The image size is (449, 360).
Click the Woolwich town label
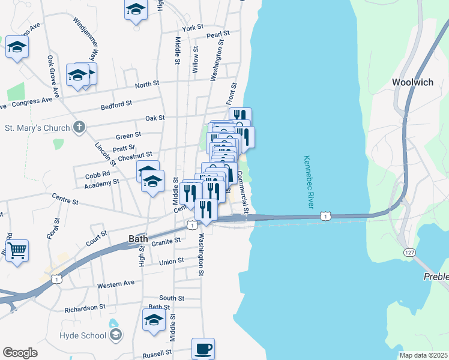[x=412, y=82]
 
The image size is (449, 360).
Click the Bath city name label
[x=138, y=239]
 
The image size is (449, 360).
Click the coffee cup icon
[x=203, y=348]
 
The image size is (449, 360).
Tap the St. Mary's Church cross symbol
[x=79, y=127]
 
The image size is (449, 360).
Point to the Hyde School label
[x=83, y=335]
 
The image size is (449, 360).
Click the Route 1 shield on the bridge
[x=325, y=215]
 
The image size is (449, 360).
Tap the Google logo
[x=20, y=353]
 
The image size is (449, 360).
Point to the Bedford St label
[x=116, y=104]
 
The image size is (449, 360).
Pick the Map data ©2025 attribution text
[x=423, y=355]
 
